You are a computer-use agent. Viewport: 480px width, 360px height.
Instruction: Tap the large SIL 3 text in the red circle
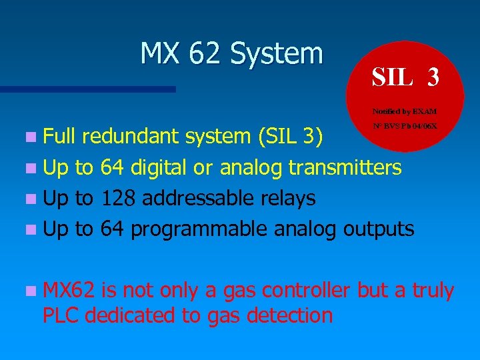pyautogui.click(x=405, y=77)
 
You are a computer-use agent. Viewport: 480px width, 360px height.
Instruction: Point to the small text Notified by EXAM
pyautogui.click(x=405, y=111)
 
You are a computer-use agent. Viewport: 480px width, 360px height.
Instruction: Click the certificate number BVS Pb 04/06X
pyautogui.click(x=405, y=125)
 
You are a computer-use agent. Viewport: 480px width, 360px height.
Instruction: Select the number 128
pyautogui.click(x=117, y=198)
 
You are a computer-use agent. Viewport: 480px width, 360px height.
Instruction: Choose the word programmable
pyautogui.click(x=200, y=229)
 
